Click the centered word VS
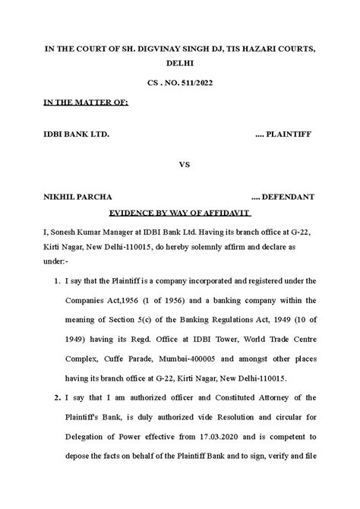(x=183, y=164)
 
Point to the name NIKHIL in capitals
(x=58, y=197)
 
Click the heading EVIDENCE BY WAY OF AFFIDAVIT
(x=180, y=214)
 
